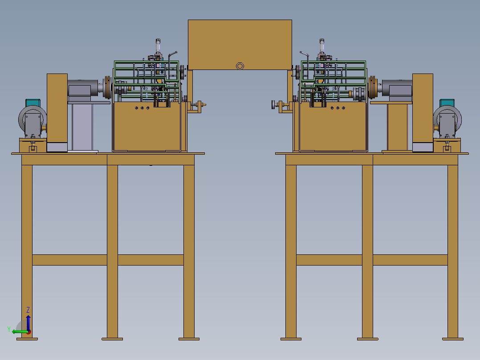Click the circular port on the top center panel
click(x=240, y=66)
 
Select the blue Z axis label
click(x=28, y=310)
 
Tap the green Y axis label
click(x=9, y=329)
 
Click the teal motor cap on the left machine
click(x=33, y=102)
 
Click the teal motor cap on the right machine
click(x=447, y=103)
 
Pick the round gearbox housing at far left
click(x=33, y=120)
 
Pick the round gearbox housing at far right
click(x=447, y=120)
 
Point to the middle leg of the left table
click(x=112, y=251)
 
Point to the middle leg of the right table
click(x=367, y=251)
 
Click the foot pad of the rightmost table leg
click(x=453, y=339)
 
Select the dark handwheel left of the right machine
click(x=273, y=105)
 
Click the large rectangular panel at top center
click(x=240, y=45)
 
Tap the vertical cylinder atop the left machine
click(x=158, y=46)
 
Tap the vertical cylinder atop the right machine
click(x=322, y=46)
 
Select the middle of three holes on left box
click(x=142, y=108)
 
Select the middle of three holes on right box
click(x=338, y=108)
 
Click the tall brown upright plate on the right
click(x=423, y=112)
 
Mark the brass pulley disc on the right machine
click(x=372, y=87)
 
